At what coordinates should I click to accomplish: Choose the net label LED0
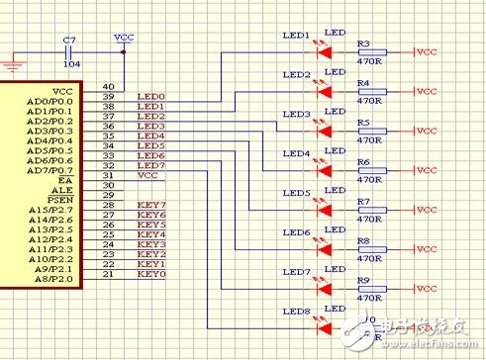tap(150, 96)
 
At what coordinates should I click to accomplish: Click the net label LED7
tap(150, 165)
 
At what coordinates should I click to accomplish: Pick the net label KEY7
tap(150, 205)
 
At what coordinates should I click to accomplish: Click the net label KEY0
tap(150, 274)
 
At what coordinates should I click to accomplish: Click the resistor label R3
tap(362, 44)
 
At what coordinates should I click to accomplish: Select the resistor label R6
tap(362, 162)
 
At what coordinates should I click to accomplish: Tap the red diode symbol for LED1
tap(324, 50)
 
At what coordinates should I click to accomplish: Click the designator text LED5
tap(296, 194)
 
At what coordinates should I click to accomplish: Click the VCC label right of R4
tap(426, 90)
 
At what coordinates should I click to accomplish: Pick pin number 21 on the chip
tap(107, 274)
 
